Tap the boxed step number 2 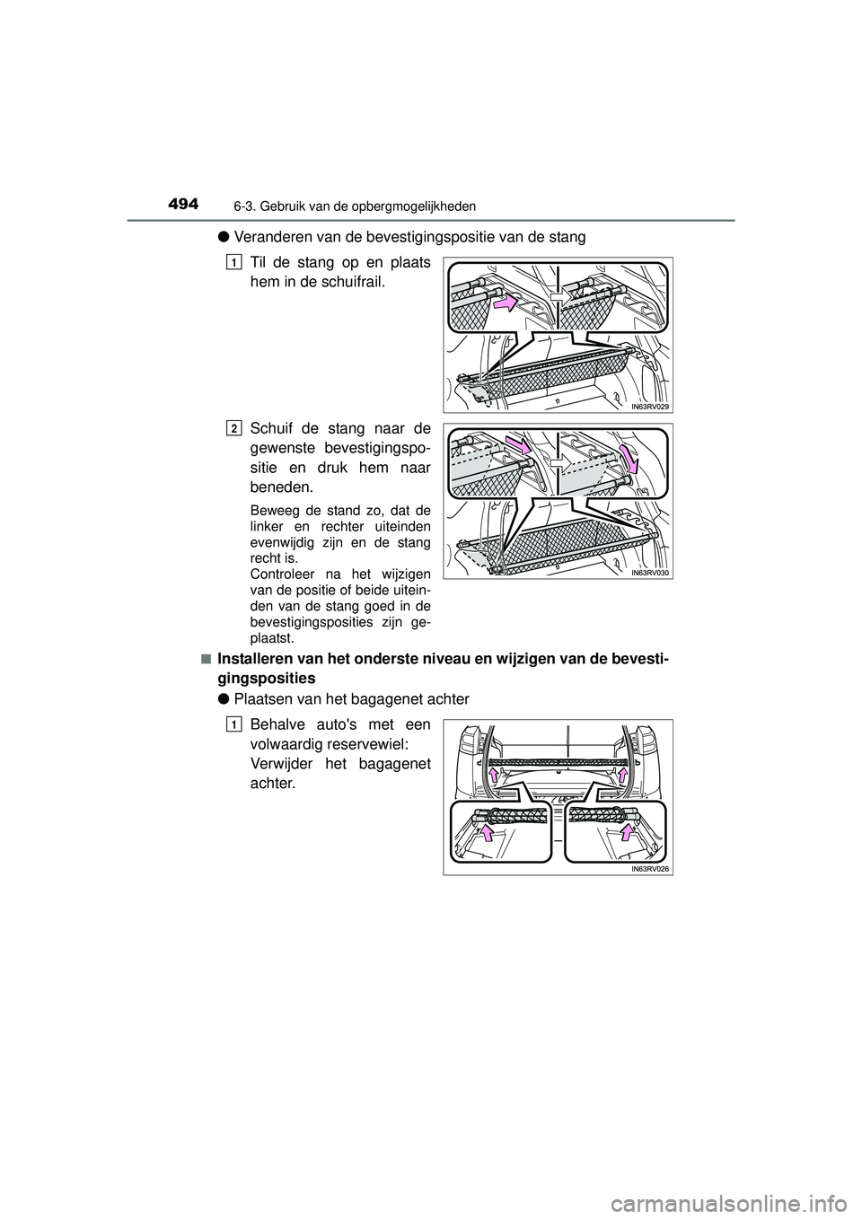(x=233, y=427)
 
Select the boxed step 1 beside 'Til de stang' (x=233, y=262)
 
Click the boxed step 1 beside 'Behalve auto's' (x=233, y=724)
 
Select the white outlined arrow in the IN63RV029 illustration (x=558, y=293)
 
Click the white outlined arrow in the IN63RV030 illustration (x=558, y=465)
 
